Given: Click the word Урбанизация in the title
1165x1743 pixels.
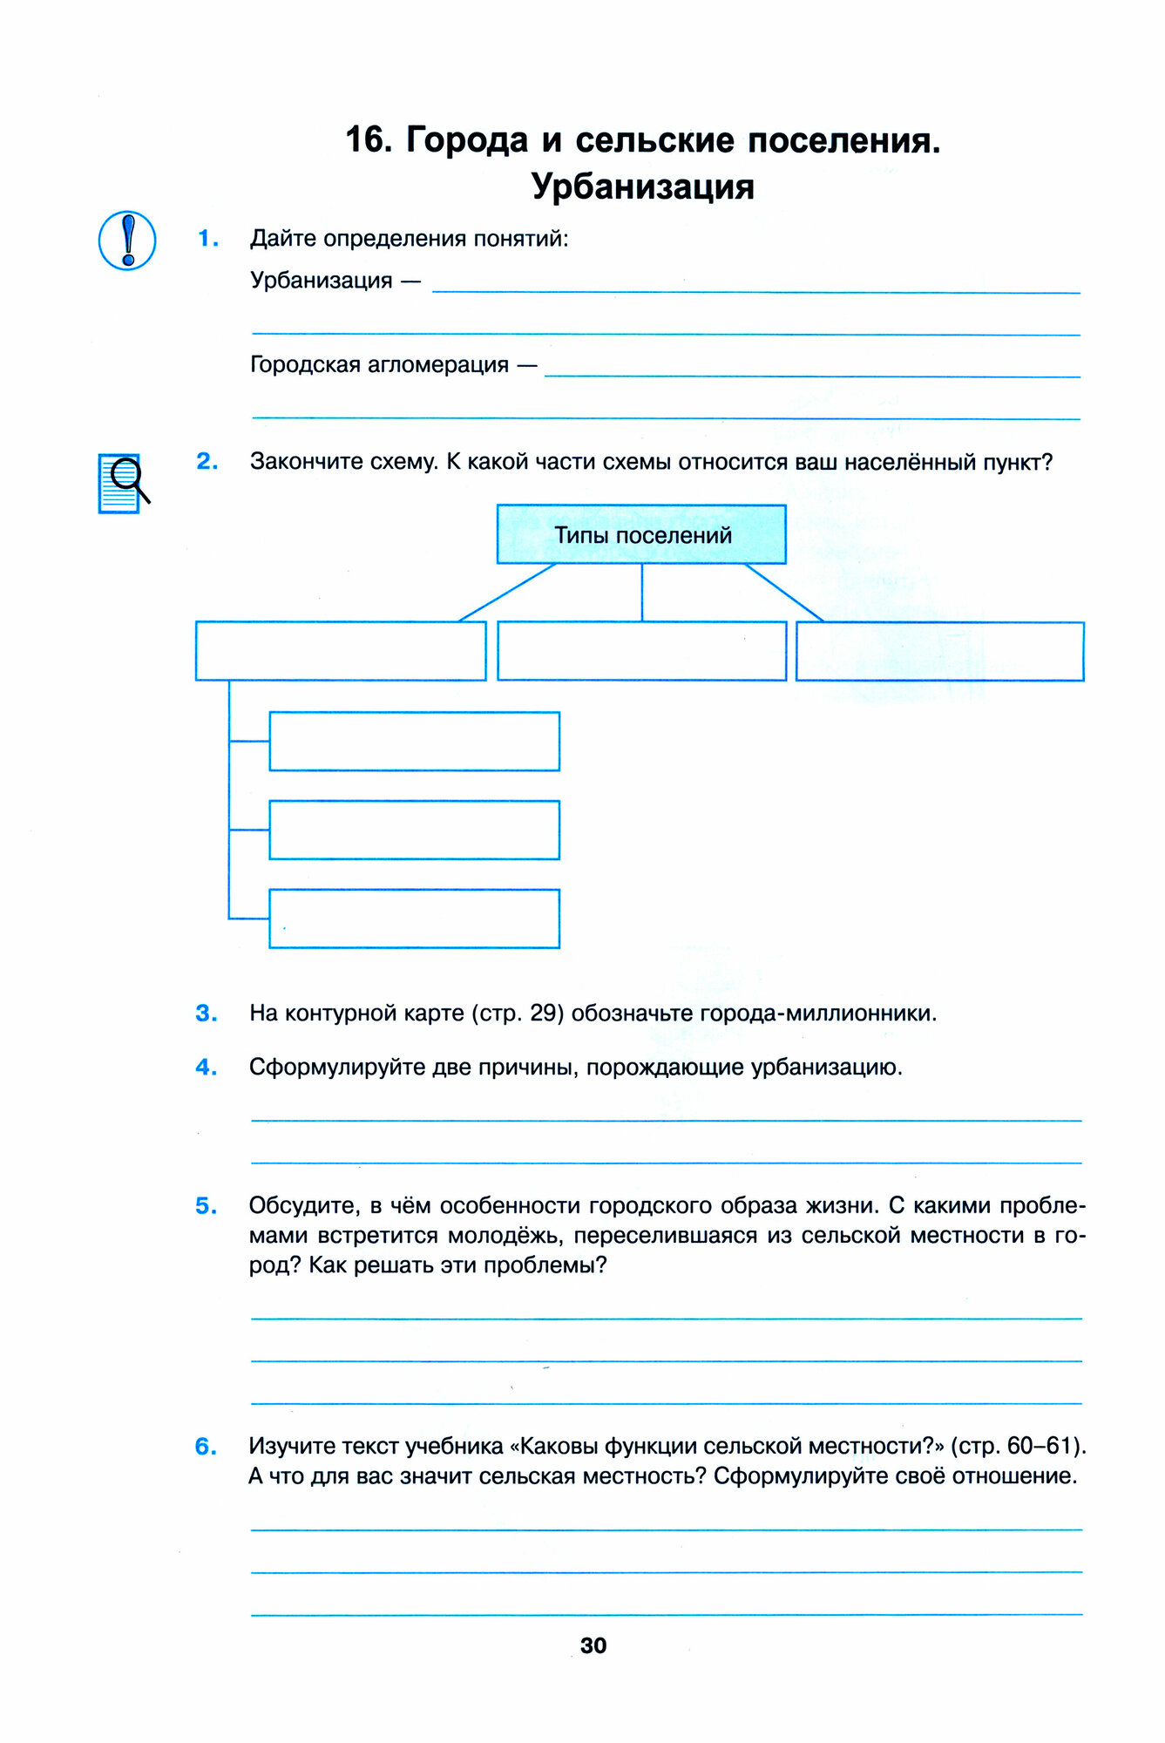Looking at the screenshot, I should [x=642, y=187].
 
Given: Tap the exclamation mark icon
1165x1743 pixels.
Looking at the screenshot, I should [x=127, y=241].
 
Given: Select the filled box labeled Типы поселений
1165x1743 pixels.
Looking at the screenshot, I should [x=641, y=534].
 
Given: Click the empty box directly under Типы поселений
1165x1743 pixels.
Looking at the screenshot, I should [x=641, y=650].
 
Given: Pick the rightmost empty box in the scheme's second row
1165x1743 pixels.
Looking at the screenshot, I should [x=939, y=651].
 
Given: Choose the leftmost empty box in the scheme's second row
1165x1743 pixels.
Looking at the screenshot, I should [x=341, y=650].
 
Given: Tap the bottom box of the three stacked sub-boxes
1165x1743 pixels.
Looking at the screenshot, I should [x=414, y=919].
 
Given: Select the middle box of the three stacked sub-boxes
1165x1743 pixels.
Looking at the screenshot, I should [x=414, y=830].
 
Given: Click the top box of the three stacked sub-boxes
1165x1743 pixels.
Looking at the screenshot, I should [x=414, y=741].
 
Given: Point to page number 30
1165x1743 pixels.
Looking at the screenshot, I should [x=593, y=1645].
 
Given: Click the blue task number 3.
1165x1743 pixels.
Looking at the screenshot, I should [x=207, y=1014].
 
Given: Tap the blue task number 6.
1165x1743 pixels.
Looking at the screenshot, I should [x=207, y=1447].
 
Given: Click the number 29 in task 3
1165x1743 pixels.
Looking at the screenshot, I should [x=543, y=1014].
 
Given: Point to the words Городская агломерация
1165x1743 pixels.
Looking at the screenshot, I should [x=379, y=364].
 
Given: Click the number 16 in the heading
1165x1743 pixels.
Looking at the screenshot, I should [x=364, y=139].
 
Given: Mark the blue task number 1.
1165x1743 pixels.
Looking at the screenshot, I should [x=207, y=238].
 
